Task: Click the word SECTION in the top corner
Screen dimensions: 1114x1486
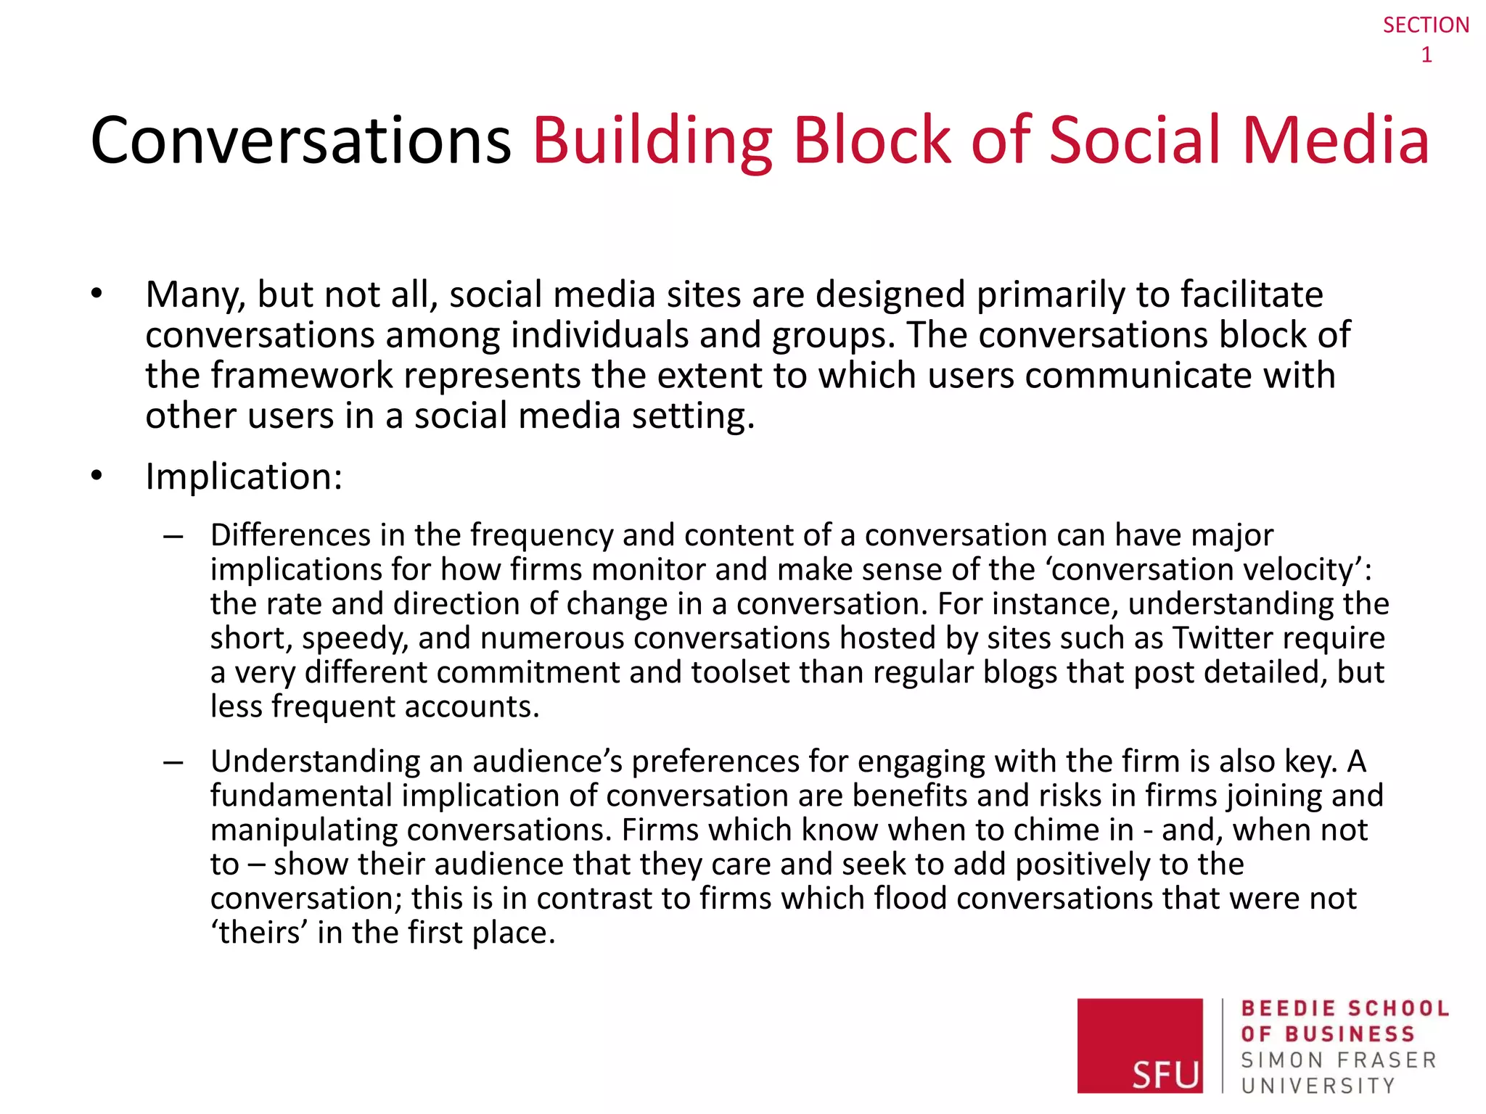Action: tap(1425, 25)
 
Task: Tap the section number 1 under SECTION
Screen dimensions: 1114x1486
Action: tap(1426, 55)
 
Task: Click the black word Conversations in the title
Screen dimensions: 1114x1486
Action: tap(301, 141)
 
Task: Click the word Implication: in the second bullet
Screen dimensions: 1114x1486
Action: tap(244, 477)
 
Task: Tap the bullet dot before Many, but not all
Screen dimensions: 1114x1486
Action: tap(97, 294)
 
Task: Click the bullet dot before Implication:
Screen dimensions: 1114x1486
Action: tap(97, 476)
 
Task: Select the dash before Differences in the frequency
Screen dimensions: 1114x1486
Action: tap(173, 537)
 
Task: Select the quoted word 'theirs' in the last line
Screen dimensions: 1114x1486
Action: tap(258, 933)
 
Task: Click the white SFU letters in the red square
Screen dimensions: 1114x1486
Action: tap(1165, 1073)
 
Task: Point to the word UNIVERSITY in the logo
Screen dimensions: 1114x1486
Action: tap(1318, 1086)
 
